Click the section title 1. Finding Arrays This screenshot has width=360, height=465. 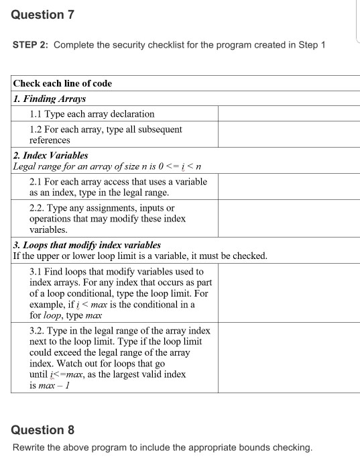50,99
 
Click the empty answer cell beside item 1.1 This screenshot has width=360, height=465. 288,114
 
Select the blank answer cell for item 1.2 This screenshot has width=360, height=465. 288,134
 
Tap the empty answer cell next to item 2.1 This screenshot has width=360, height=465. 288,187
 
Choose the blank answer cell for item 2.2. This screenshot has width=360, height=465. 288,219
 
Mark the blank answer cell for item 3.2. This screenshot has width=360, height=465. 288,359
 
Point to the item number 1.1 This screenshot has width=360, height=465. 37,114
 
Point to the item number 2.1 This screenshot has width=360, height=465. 37,182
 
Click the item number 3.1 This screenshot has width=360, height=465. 37,272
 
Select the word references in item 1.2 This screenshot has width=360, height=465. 50,140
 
